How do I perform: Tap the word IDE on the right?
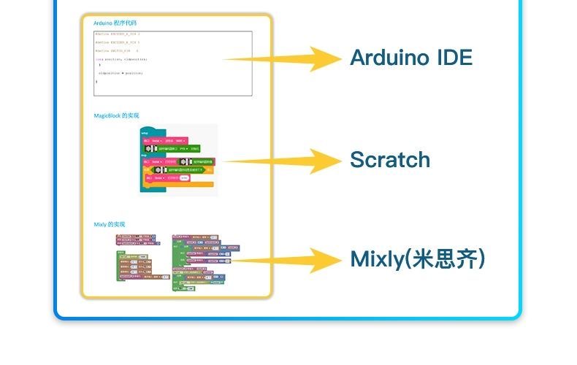(x=454, y=58)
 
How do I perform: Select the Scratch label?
(x=390, y=160)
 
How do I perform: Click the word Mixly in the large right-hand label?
(x=375, y=259)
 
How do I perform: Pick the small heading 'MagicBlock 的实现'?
(x=116, y=115)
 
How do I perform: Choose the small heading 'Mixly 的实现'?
(x=110, y=224)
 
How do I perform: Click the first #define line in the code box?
(x=117, y=34)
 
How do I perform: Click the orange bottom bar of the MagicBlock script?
(x=179, y=185)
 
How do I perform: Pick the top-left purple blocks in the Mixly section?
(x=135, y=239)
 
